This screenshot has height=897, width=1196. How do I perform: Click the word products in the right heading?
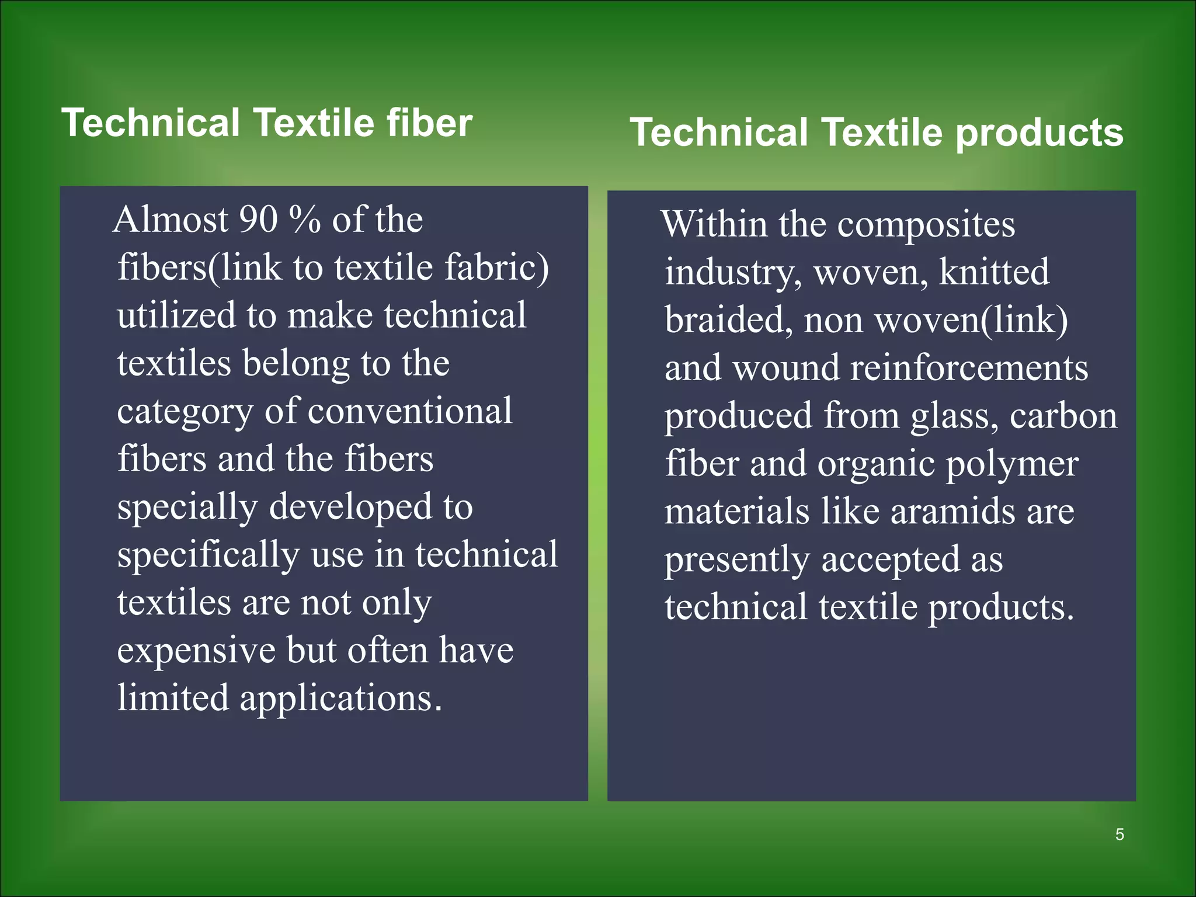click(1039, 133)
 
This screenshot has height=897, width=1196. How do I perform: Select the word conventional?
click(410, 411)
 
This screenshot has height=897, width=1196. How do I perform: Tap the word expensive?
click(196, 652)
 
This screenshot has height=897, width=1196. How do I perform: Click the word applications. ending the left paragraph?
click(341, 699)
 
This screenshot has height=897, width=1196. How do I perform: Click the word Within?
click(714, 224)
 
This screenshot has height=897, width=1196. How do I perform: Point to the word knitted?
click(994, 272)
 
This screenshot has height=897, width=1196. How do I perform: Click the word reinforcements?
click(969, 368)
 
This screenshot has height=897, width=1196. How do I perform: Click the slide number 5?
click(1119, 835)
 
